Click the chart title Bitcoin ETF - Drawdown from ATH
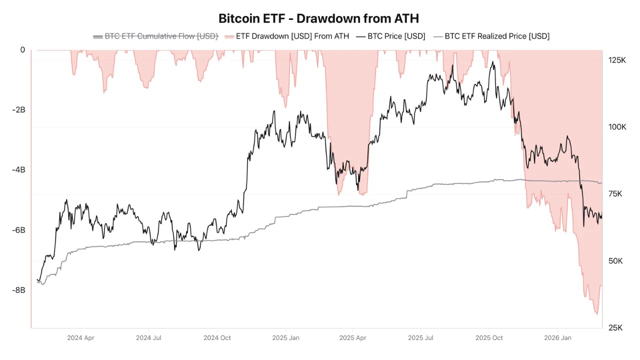click(x=318, y=18)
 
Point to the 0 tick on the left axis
click(x=22, y=49)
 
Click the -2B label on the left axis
click(x=18, y=110)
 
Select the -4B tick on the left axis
click(x=18, y=170)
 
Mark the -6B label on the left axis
click(x=18, y=230)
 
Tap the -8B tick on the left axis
click(x=18, y=290)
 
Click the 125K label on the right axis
click(x=617, y=60)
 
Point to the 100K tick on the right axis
click(x=617, y=127)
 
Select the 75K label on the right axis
click(x=615, y=194)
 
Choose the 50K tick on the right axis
click(x=615, y=261)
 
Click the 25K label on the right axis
click(x=615, y=328)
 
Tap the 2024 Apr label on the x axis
click(x=80, y=338)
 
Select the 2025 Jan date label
click(x=285, y=338)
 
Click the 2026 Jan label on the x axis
click(x=558, y=338)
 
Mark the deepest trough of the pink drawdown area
click(x=596, y=314)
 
